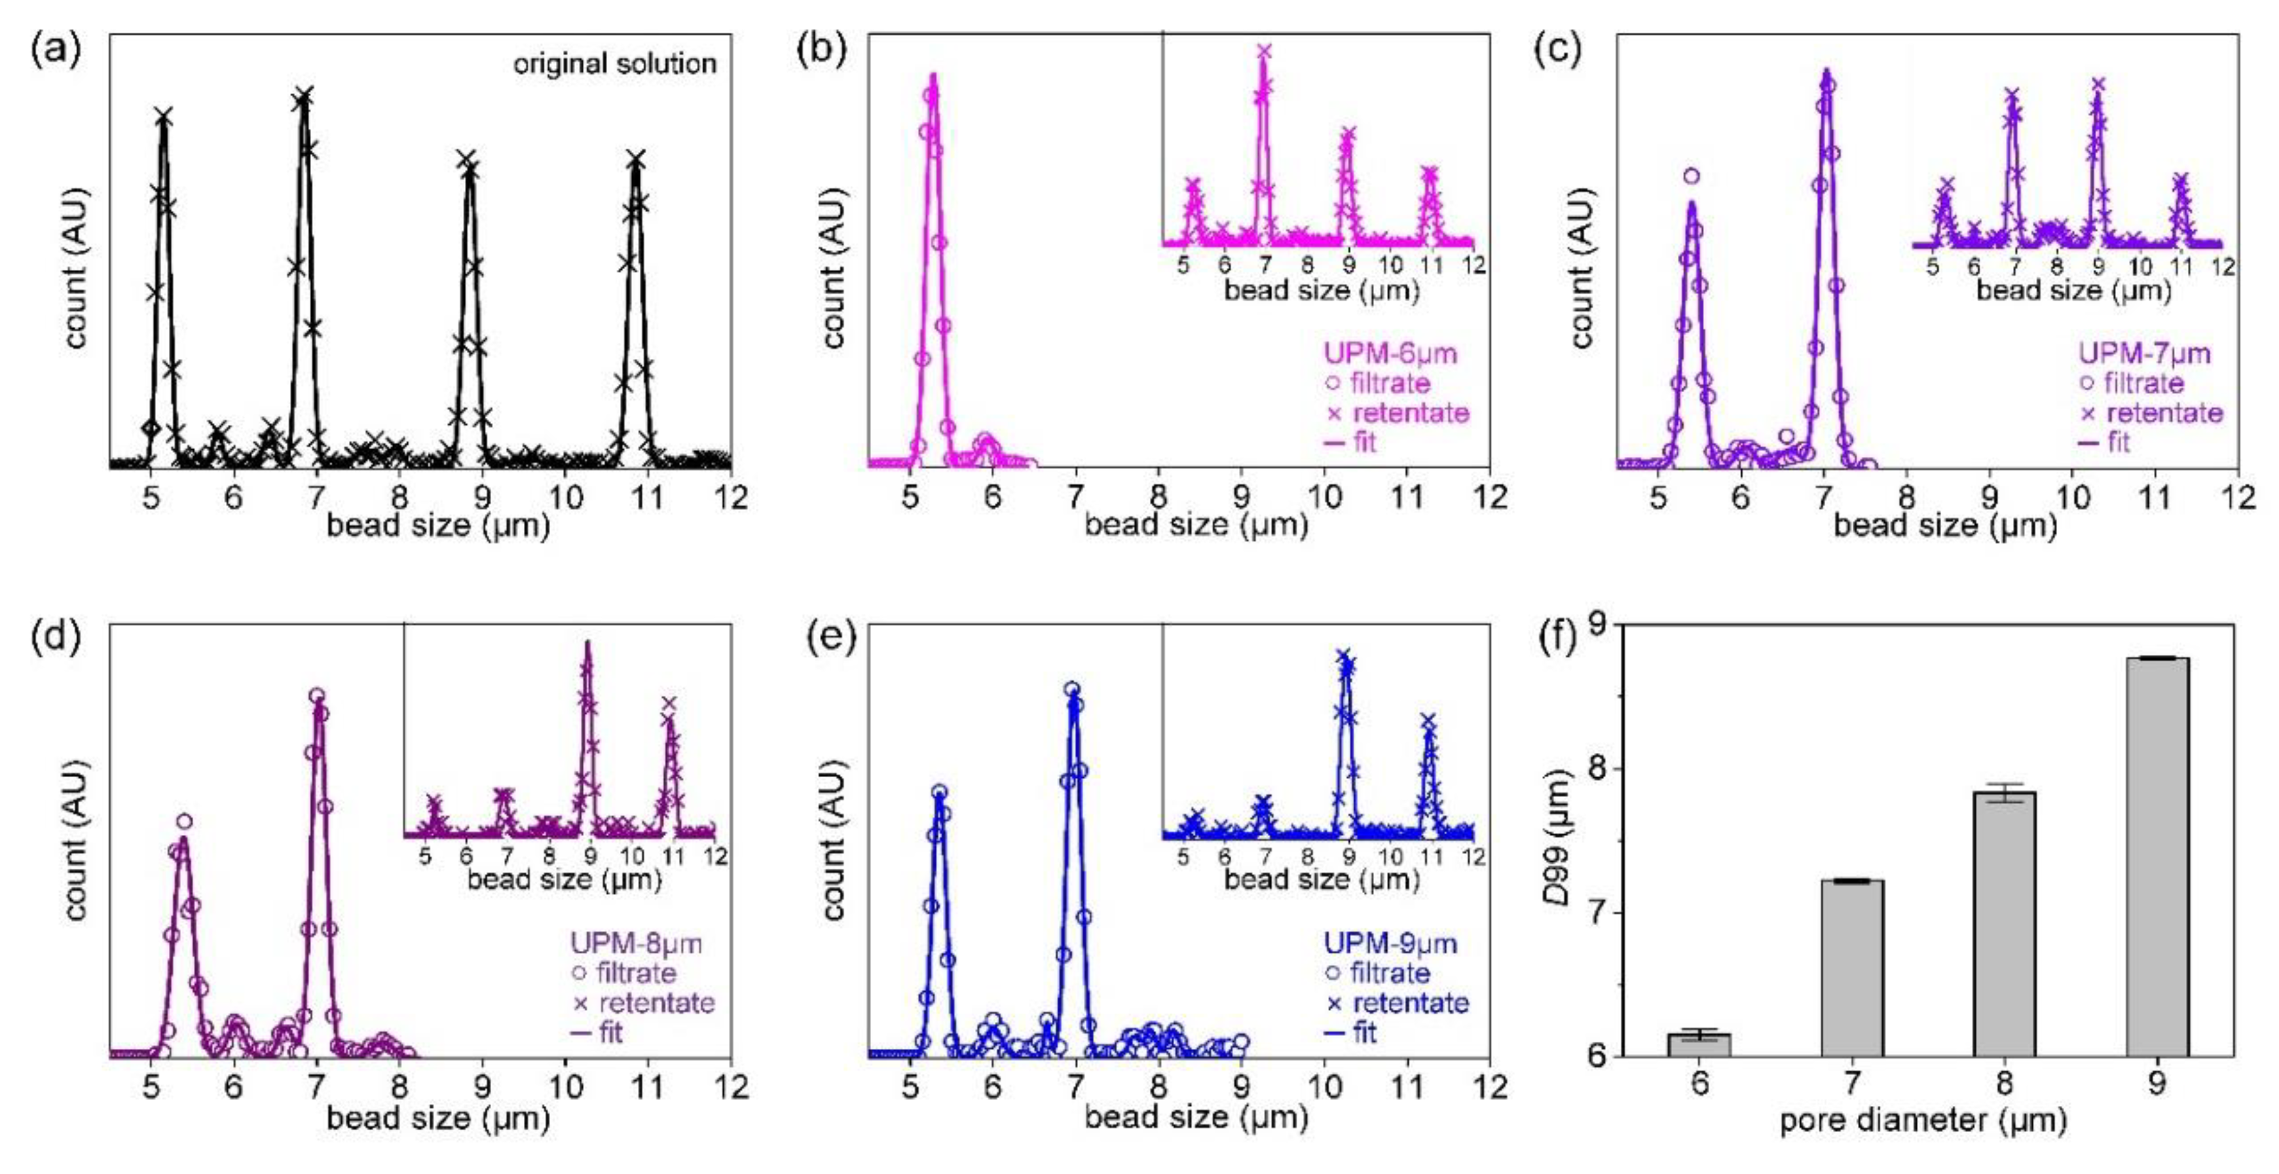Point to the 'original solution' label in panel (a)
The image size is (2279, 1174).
615,64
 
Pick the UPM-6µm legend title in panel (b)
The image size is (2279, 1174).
1390,354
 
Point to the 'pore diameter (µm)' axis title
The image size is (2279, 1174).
1923,1121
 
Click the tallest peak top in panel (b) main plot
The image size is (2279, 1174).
933,78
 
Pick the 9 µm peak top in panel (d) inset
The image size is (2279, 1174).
587,645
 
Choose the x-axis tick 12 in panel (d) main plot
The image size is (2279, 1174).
731,1086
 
